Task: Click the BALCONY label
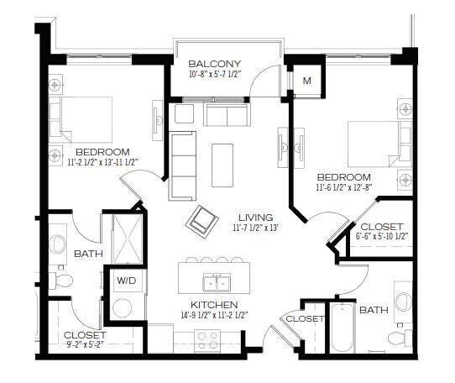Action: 215,64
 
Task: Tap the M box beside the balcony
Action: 307,81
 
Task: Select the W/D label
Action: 127,280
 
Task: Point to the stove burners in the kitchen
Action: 207,339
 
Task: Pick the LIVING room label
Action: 255,216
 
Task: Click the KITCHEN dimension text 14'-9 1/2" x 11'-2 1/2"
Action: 214,316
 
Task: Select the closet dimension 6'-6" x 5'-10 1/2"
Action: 382,238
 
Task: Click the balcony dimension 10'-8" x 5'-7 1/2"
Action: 215,76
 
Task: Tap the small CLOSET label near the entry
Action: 306,319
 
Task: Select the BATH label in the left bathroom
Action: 88,253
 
